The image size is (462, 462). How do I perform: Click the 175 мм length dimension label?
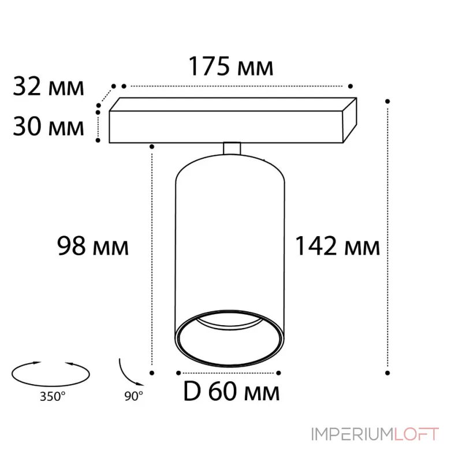pyautogui.click(x=230, y=66)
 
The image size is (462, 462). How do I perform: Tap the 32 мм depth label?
pyautogui.click(x=49, y=86)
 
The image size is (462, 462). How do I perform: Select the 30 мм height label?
pyautogui.click(x=49, y=126)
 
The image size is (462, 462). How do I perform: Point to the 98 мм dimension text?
pyautogui.click(x=93, y=246)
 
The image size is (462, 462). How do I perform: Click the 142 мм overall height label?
pyautogui.click(x=338, y=246)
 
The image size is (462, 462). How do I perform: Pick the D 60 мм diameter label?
pyautogui.click(x=232, y=392)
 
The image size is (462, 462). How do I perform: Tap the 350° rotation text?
pyautogui.click(x=53, y=397)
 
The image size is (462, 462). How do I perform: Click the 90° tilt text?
pyautogui.click(x=133, y=396)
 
